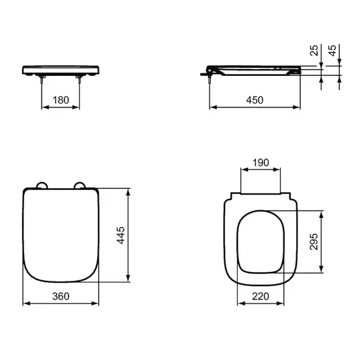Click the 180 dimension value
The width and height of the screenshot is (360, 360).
[x=60, y=100]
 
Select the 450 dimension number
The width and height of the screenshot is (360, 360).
[x=255, y=100]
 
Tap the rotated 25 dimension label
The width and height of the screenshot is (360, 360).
[x=314, y=50]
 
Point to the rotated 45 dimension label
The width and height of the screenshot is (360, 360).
[x=332, y=50]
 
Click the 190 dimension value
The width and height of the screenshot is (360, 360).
[x=261, y=163]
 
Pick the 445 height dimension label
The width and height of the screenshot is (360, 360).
[x=121, y=235]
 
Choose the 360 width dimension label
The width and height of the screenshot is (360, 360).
[x=60, y=296]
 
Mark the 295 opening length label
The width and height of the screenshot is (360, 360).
[x=314, y=242]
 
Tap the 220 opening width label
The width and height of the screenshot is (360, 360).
[x=261, y=296]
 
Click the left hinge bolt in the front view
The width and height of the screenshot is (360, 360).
[x=42, y=79]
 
